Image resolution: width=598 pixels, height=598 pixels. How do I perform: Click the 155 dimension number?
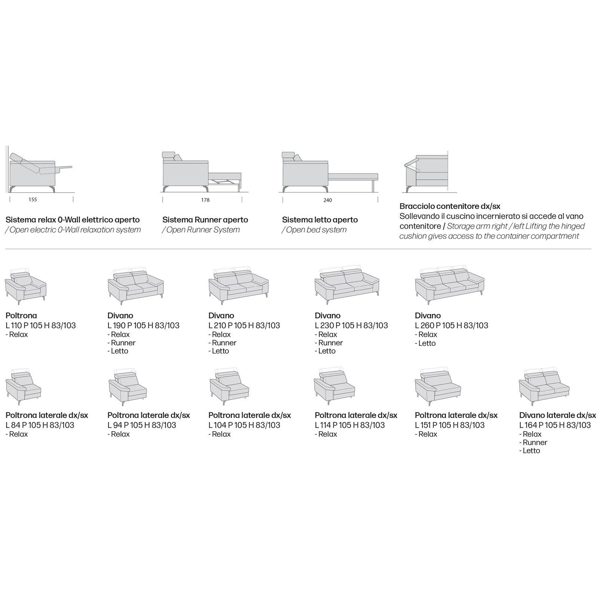pyautogui.click(x=33, y=200)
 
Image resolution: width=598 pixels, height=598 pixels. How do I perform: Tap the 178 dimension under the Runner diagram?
pyautogui.click(x=205, y=200)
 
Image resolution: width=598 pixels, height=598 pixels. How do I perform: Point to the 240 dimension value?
pyautogui.click(x=327, y=200)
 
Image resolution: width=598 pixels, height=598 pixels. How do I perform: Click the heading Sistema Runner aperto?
pyautogui.click(x=205, y=220)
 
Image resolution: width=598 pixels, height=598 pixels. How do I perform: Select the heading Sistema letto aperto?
pyautogui.click(x=320, y=220)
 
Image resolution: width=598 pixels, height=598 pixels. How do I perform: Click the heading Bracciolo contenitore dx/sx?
pyautogui.click(x=450, y=206)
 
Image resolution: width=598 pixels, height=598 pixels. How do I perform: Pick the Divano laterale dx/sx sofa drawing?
pyautogui.click(x=544, y=387)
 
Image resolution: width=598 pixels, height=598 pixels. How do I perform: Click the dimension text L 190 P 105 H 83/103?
pyautogui.click(x=144, y=326)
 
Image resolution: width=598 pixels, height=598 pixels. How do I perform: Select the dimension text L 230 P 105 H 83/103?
pyautogui.click(x=351, y=326)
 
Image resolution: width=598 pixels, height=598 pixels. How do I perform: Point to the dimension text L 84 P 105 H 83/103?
pyautogui.click(x=40, y=425)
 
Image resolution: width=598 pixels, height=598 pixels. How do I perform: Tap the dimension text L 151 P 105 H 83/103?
pyautogui.click(x=450, y=425)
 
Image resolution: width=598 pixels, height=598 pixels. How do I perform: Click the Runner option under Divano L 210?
pyautogui.click(x=222, y=343)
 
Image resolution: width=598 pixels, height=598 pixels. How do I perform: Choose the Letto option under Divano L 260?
pyautogui.click(x=425, y=343)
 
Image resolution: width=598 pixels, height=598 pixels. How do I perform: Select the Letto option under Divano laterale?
pyautogui.click(x=530, y=450)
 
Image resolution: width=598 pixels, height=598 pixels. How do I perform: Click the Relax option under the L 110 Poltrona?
pyautogui.click(x=17, y=335)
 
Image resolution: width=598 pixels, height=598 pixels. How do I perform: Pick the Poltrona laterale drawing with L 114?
pyautogui.click(x=335, y=387)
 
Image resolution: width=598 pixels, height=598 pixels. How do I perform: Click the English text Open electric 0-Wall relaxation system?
pyautogui.click(x=73, y=230)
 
